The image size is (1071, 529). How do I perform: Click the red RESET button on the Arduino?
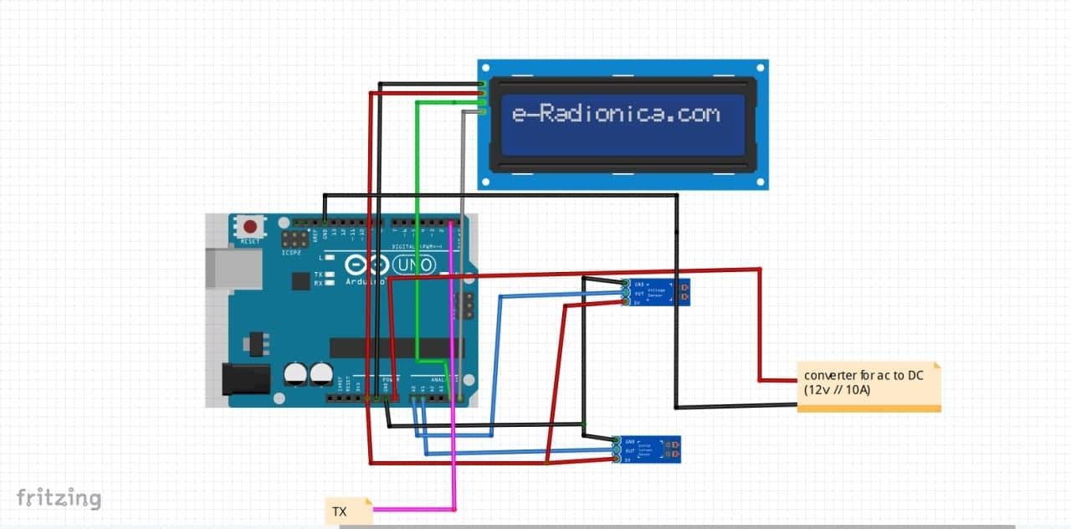(249, 227)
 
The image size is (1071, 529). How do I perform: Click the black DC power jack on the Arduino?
(245, 379)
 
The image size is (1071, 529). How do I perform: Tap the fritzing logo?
(59, 498)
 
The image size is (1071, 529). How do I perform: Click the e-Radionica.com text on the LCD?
(616, 113)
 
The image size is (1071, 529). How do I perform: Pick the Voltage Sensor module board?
(658, 293)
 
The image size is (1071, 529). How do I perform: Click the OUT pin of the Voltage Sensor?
(625, 293)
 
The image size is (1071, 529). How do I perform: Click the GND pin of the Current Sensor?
(616, 440)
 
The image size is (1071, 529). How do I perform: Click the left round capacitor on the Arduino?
(295, 373)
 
